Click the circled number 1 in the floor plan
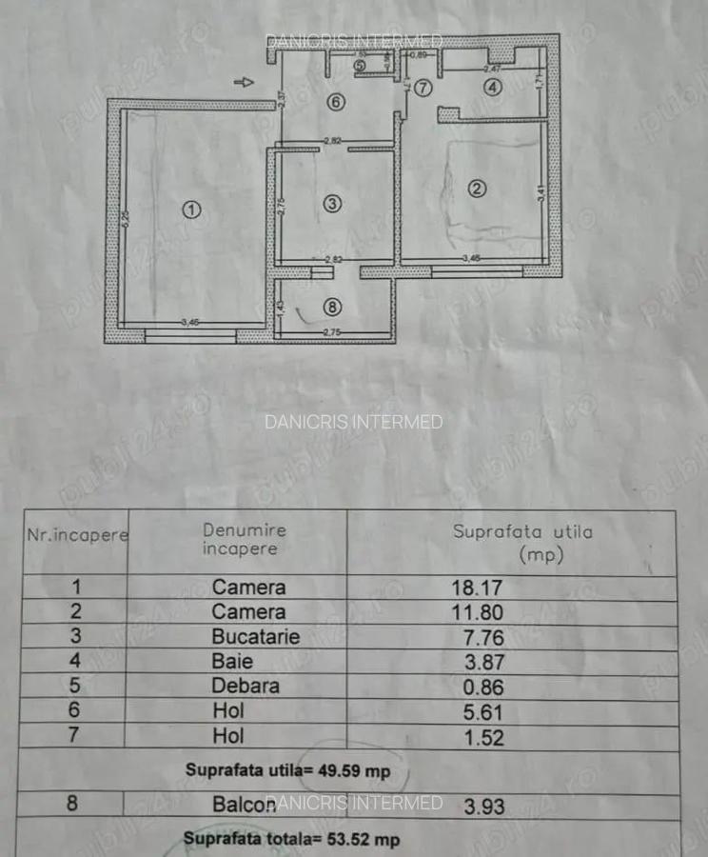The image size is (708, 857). (191, 210)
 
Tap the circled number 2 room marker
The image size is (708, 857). (478, 189)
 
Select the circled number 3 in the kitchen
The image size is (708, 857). (331, 203)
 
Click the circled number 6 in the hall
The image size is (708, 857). (336, 102)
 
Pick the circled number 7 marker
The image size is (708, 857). (423, 88)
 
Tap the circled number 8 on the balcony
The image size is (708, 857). (331, 307)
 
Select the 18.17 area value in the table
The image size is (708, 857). (477, 588)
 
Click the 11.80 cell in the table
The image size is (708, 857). (477, 612)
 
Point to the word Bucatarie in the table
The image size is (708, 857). (255, 637)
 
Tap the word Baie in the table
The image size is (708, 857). (232, 662)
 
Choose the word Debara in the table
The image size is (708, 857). (246, 687)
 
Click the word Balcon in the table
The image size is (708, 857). (246, 805)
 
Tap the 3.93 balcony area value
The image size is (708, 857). (485, 807)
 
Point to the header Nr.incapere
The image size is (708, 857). (77, 535)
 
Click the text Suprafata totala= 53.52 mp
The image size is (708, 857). (291, 839)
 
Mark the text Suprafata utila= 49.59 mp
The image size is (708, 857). (287, 769)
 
